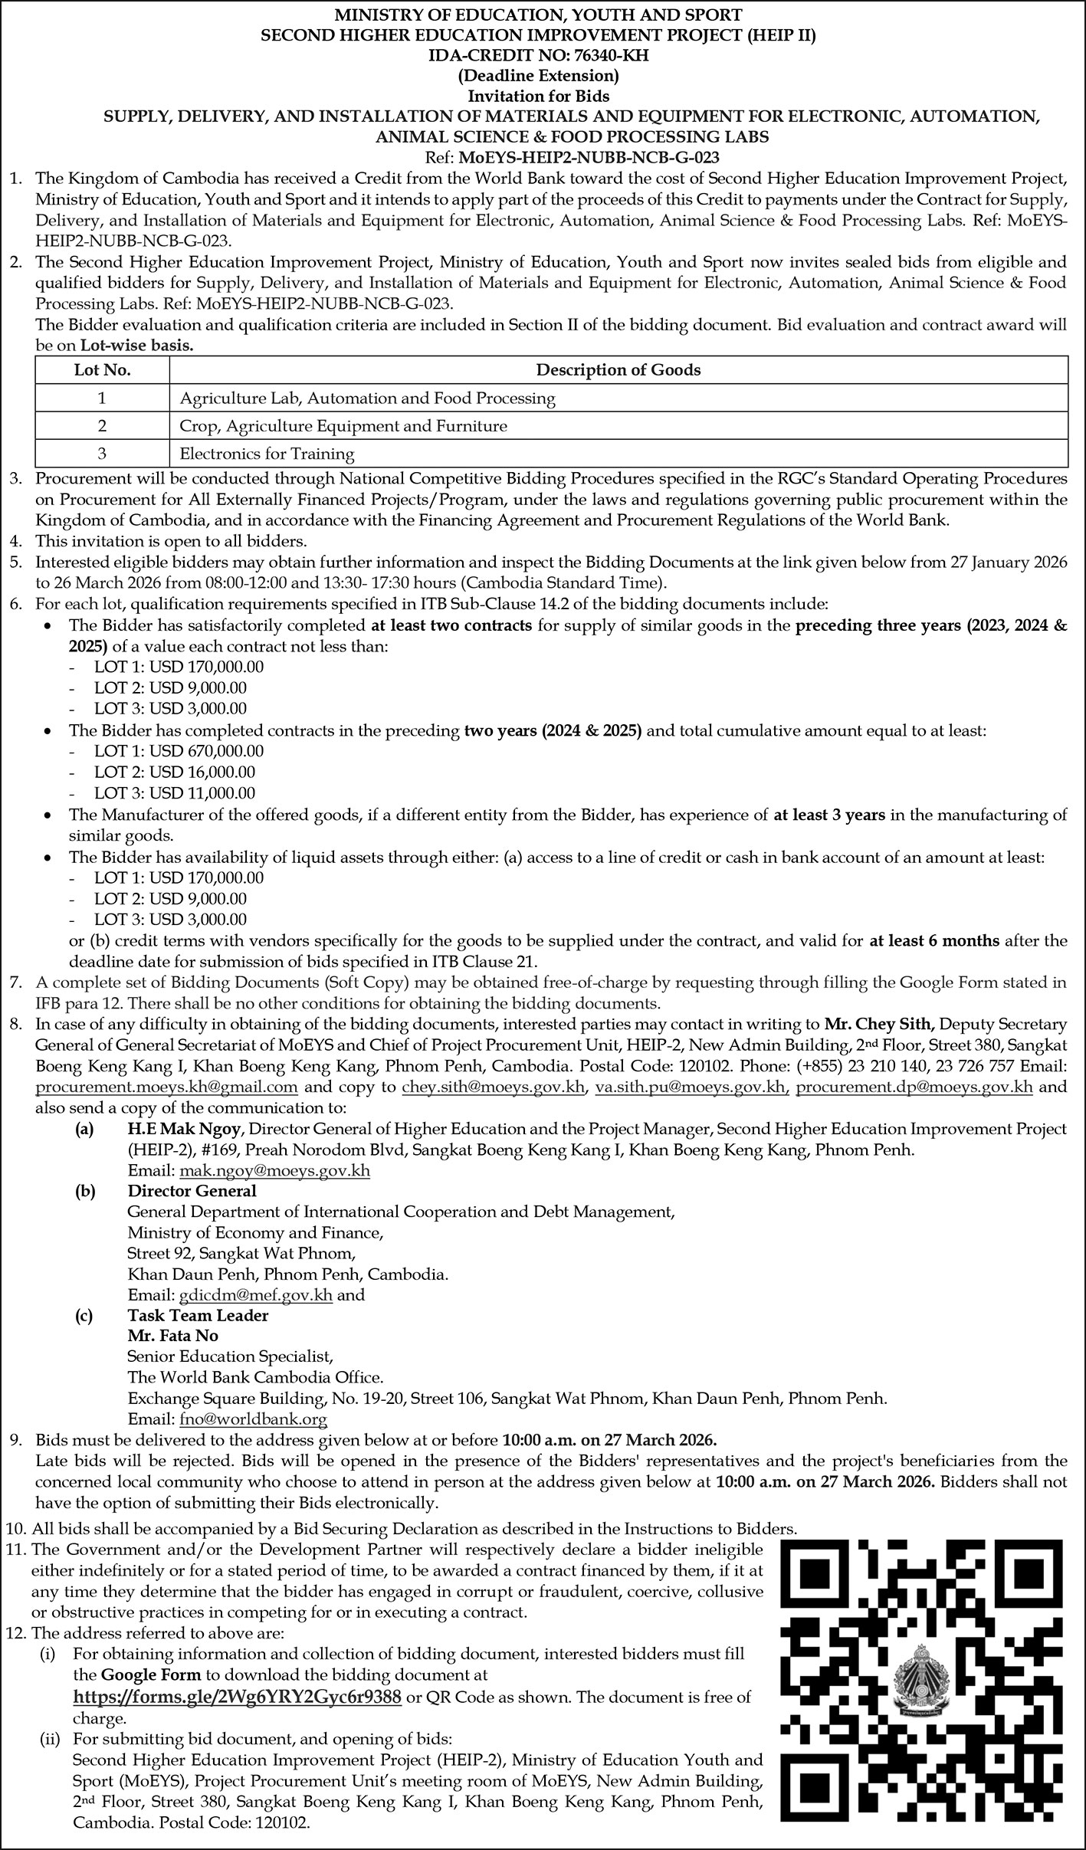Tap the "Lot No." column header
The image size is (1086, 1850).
(x=102, y=370)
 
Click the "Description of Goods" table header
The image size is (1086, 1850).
(x=618, y=370)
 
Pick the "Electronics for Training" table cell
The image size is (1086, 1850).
(x=267, y=454)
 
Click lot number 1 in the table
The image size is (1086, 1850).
(x=102, y=399)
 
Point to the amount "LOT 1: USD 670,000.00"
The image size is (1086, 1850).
(x=179, y=751)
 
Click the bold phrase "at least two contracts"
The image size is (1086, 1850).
(x=451, y=625)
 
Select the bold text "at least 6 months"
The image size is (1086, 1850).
(x=934, y=940)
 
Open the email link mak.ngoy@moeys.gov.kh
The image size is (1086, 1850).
(x=274, y=1171)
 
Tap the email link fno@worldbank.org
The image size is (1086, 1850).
(x=253, y=1419)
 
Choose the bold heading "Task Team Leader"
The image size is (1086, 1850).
(x=198, y=1316)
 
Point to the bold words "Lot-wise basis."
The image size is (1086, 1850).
(x=136, y=346)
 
